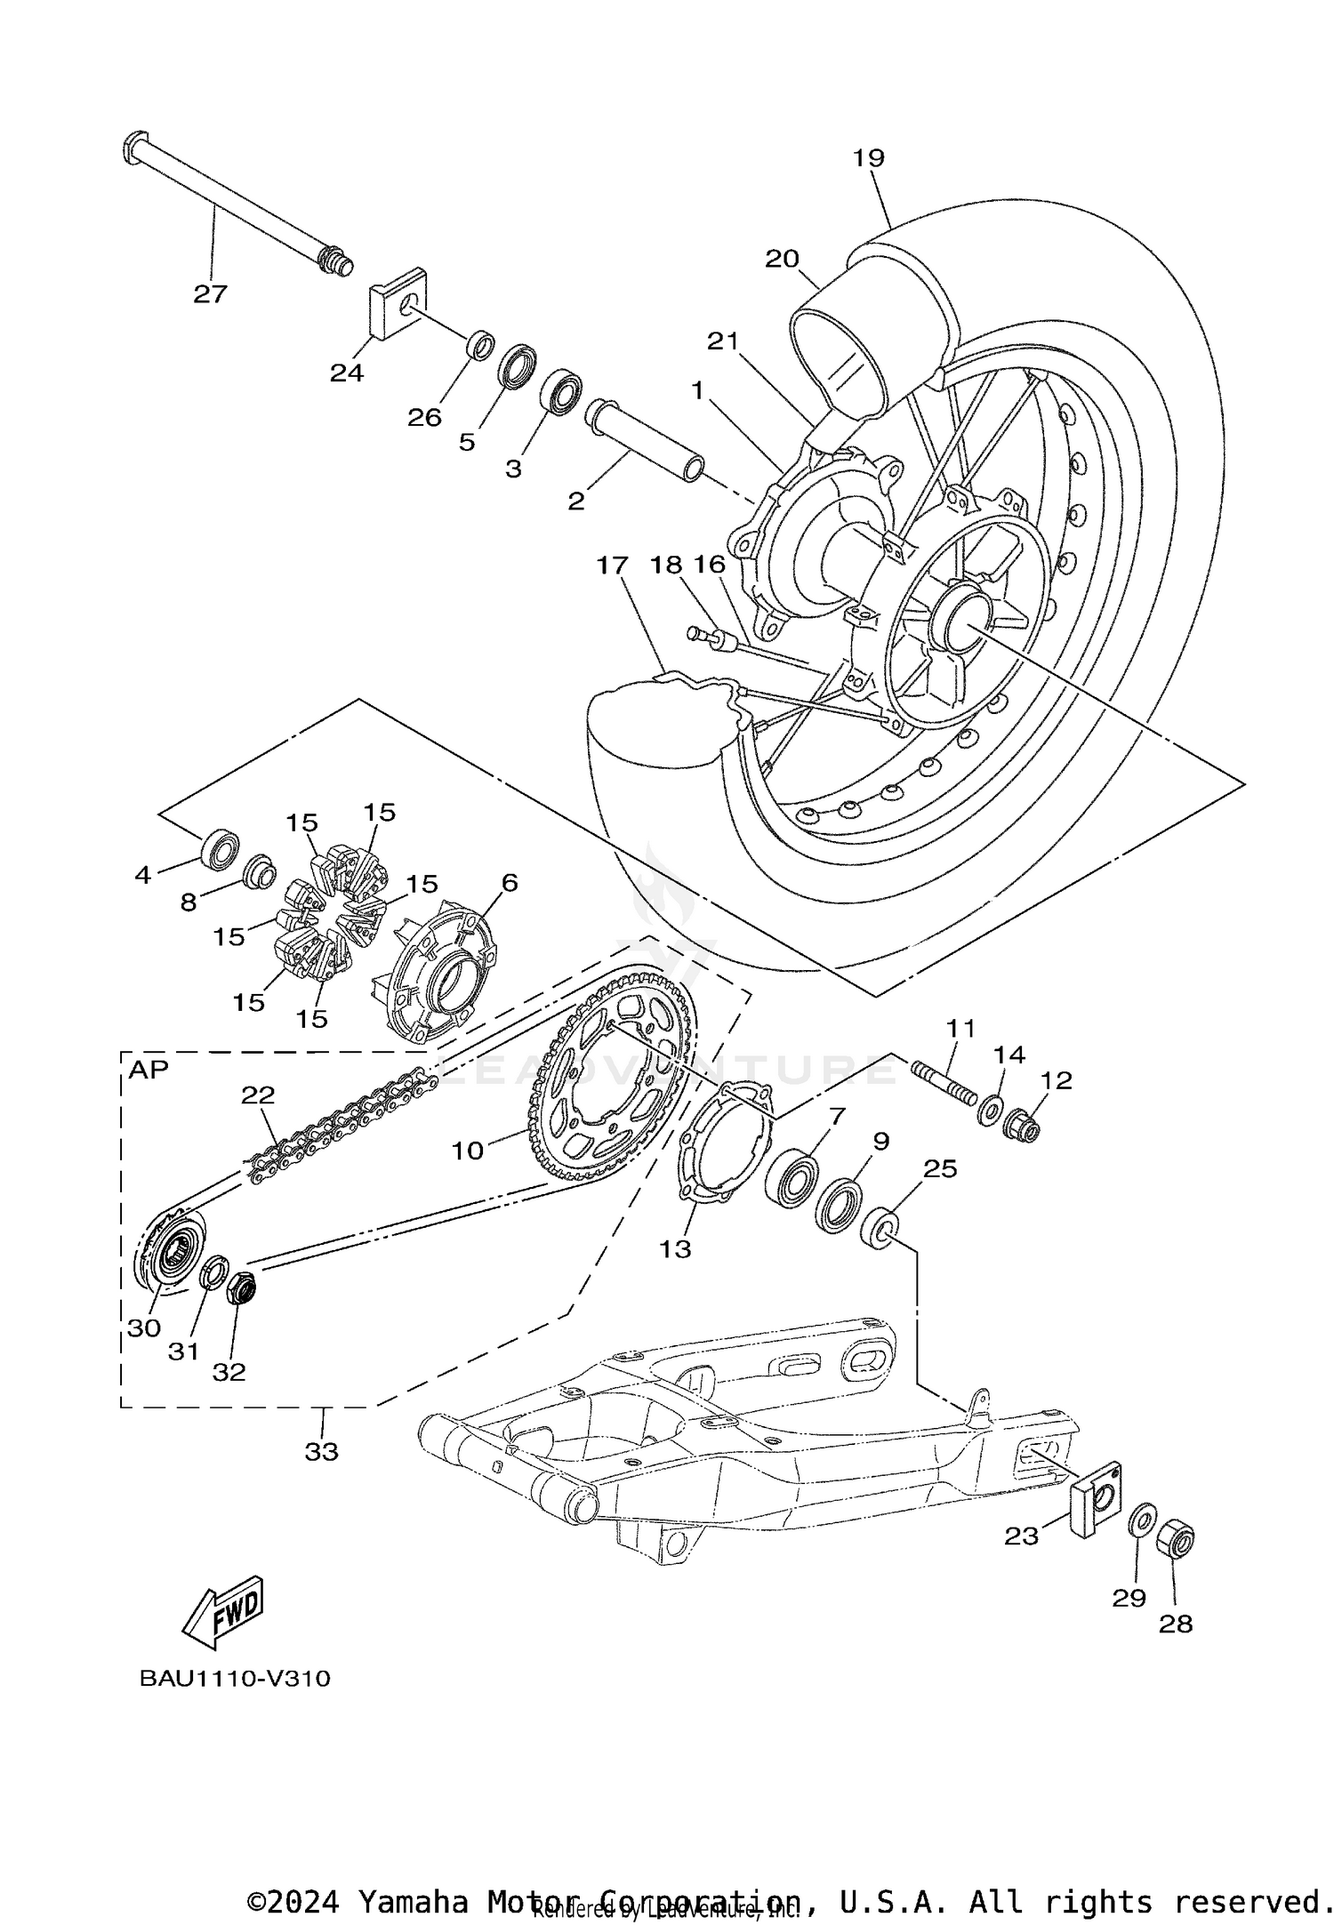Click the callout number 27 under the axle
(211, 293)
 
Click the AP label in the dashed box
(149, 1070)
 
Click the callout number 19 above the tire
(869, 158)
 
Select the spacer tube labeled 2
(644, 441)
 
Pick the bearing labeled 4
(220, 849)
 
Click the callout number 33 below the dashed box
(322, 1451)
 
